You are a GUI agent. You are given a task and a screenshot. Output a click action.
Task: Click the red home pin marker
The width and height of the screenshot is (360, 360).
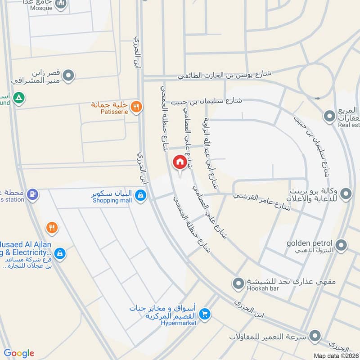[x=179, y=162]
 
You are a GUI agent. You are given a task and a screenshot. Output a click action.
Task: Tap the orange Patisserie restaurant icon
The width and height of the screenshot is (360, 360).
[x=137, y=107]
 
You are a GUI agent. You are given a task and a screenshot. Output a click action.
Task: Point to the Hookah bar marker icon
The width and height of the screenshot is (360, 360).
[x=238, y=283]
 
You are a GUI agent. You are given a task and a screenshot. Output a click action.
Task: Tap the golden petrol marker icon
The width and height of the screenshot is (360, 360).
[x=342, y=246]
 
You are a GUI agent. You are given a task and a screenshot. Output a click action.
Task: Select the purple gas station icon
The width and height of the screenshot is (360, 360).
[x=32, y=194]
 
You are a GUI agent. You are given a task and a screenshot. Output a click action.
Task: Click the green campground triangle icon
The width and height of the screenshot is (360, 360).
[x=18, y=98]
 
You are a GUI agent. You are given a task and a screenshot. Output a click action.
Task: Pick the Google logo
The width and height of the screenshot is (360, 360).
[x=19, y=353]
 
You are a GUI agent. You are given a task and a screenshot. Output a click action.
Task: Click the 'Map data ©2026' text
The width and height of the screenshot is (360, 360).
[x=336, y=355]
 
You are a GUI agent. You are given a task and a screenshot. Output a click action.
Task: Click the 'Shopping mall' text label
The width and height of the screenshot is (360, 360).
[x=112, y=200]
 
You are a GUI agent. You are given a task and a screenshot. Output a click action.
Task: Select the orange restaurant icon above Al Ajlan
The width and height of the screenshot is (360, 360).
[x=52, y=228]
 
